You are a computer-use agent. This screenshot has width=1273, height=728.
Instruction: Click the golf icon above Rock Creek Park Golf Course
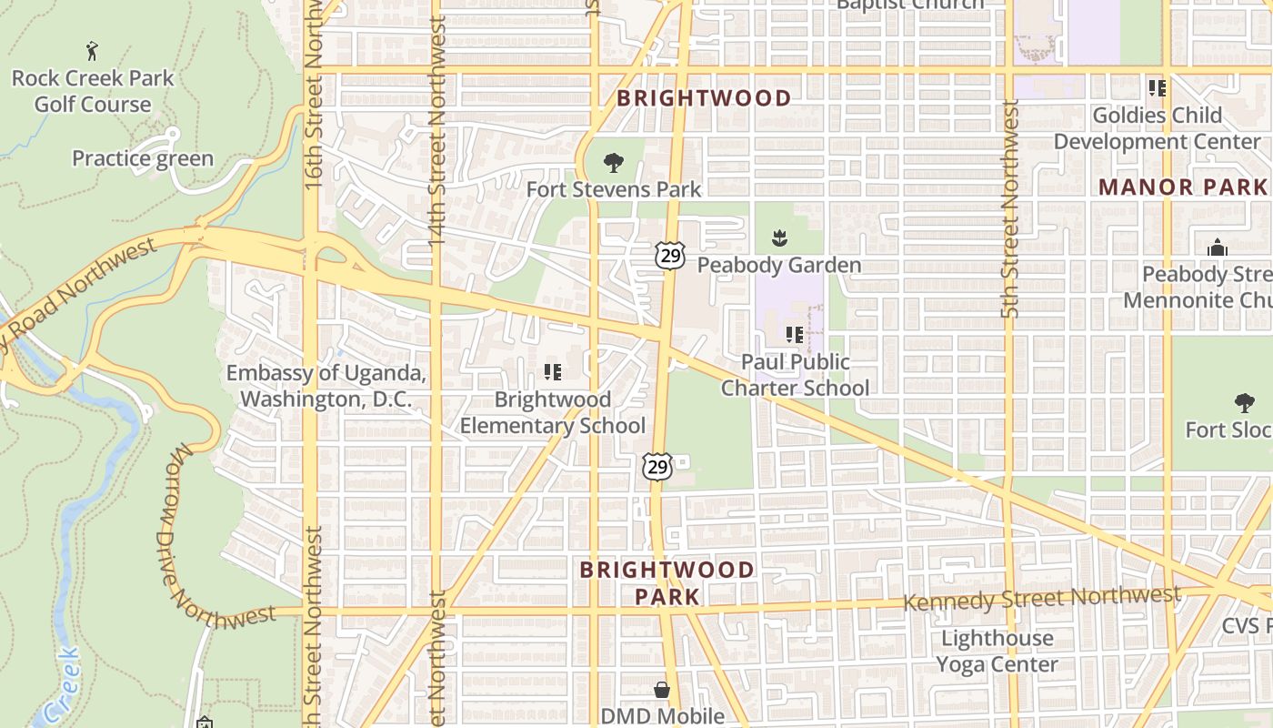coord(92,50)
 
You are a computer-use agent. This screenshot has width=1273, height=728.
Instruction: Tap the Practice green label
coord(143,158)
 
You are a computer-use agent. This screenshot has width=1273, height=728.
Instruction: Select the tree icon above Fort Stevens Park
coord(614,164)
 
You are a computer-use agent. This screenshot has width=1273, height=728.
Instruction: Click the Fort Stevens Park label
coord(614,189)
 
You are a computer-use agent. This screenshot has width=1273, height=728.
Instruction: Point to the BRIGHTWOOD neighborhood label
coord(704,98)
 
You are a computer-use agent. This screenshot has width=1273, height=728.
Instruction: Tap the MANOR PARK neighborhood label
coord(1182,187)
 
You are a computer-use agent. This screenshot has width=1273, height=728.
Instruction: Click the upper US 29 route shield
coord(670,256)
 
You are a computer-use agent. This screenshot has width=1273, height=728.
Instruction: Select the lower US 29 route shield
coord(657,468)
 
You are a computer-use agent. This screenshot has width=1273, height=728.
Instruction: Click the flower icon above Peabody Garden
coord(779,239)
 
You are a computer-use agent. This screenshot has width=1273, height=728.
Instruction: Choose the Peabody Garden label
coord(779,265)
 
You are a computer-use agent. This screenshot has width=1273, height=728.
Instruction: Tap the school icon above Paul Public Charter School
coord(795,335)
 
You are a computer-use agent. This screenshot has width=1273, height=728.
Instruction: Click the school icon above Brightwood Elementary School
coord(552,372)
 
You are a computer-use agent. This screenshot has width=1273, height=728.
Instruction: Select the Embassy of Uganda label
coord(326,386)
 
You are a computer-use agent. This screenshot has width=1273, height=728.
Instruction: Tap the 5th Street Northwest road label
coord(1008,209)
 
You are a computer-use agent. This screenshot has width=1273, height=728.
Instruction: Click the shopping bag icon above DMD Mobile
coord(662,691)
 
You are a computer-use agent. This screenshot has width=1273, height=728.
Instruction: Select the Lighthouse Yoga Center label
coord(997,651)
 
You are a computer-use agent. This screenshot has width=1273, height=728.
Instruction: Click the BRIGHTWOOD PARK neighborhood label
coord(667,583)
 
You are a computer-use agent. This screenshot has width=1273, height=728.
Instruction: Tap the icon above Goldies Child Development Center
coord(1157,88)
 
